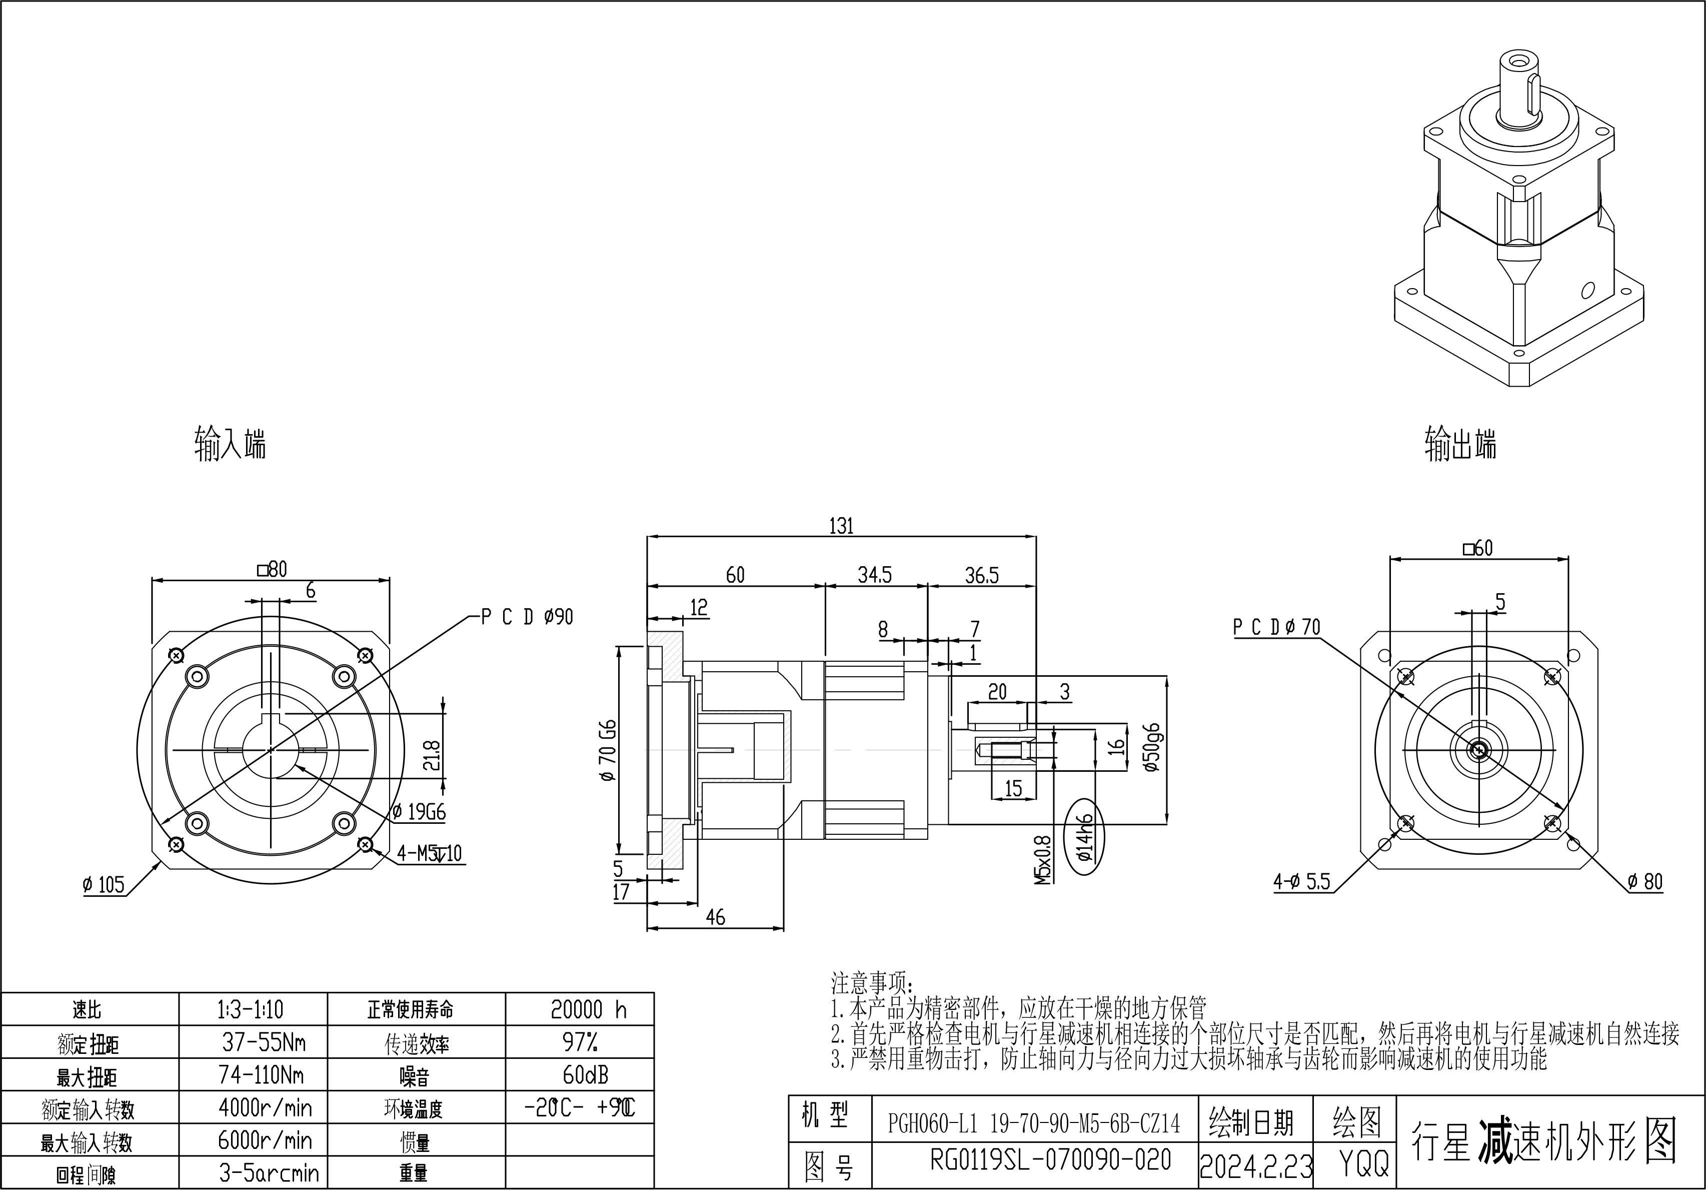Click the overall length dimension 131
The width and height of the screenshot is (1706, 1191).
pyautogui.click(x=841, y=526)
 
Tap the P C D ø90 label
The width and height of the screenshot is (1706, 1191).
pyautogui.click(x=527, y=617)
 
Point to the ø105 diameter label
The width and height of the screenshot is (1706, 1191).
pyautogui.click(x=104, y=884)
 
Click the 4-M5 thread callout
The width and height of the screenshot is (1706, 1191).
pyautogui.click(x=429, y=853)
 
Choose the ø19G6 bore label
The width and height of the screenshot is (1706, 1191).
pyautogui.click(x=419, y=811)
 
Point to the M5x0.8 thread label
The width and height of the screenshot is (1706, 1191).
pyautogui.click(x=1043, y=860)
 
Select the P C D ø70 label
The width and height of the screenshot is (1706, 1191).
pyautogui.click(x=1276, y=628)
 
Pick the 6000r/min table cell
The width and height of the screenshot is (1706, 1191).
pyautogui.click(x=265, y=1140)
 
